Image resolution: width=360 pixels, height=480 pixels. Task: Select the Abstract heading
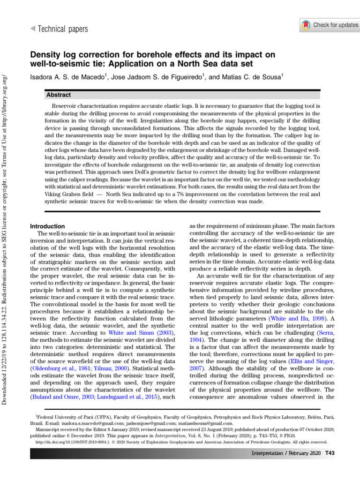tap(59, 95)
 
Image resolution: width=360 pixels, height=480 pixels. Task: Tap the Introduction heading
tap(47, 226)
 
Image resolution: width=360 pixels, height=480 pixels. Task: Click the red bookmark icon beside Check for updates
tap(306, 25)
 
